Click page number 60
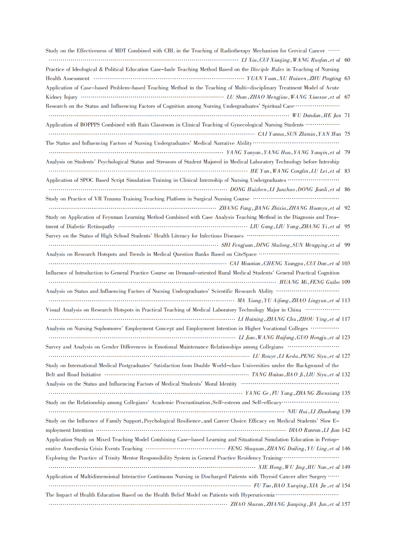[x=347, y=60]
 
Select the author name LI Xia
[x=249, y=60]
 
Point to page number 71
[x=347, y=115]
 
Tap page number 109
[x=346, y=282]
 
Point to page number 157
[x=346, y=504]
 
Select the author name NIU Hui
[x=297, y=412]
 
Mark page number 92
[x=347, y=208]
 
